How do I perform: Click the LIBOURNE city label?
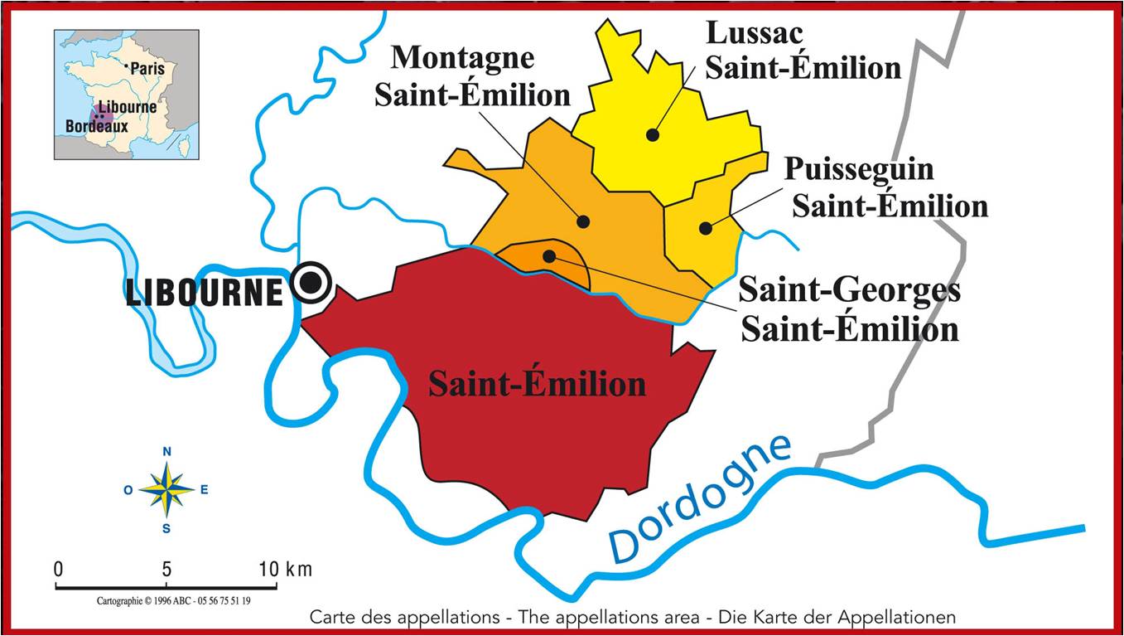(x=205, y=292)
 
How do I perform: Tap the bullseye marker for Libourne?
(x=311, y=284)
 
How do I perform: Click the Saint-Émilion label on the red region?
(x=537, y=384)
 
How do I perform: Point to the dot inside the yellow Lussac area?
(x=653, y=134)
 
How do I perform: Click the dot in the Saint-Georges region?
(x=548, y=256)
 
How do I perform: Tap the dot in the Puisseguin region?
(x=705, y=228)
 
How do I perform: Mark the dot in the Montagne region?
(x=583, y=221)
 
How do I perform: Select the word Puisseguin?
(x=859, y=169)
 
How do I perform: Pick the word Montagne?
(x=462, y=58)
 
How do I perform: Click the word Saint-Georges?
(x=849, y=291)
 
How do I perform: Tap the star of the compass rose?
(x=166, y=489)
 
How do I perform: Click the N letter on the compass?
(x=166, y=452)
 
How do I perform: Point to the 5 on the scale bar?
(x=166, y=570)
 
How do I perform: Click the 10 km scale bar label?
(x=287, y=570)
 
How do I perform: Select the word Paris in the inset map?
(x=148, y=69)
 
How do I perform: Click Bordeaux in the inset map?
(x=96, y=127)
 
